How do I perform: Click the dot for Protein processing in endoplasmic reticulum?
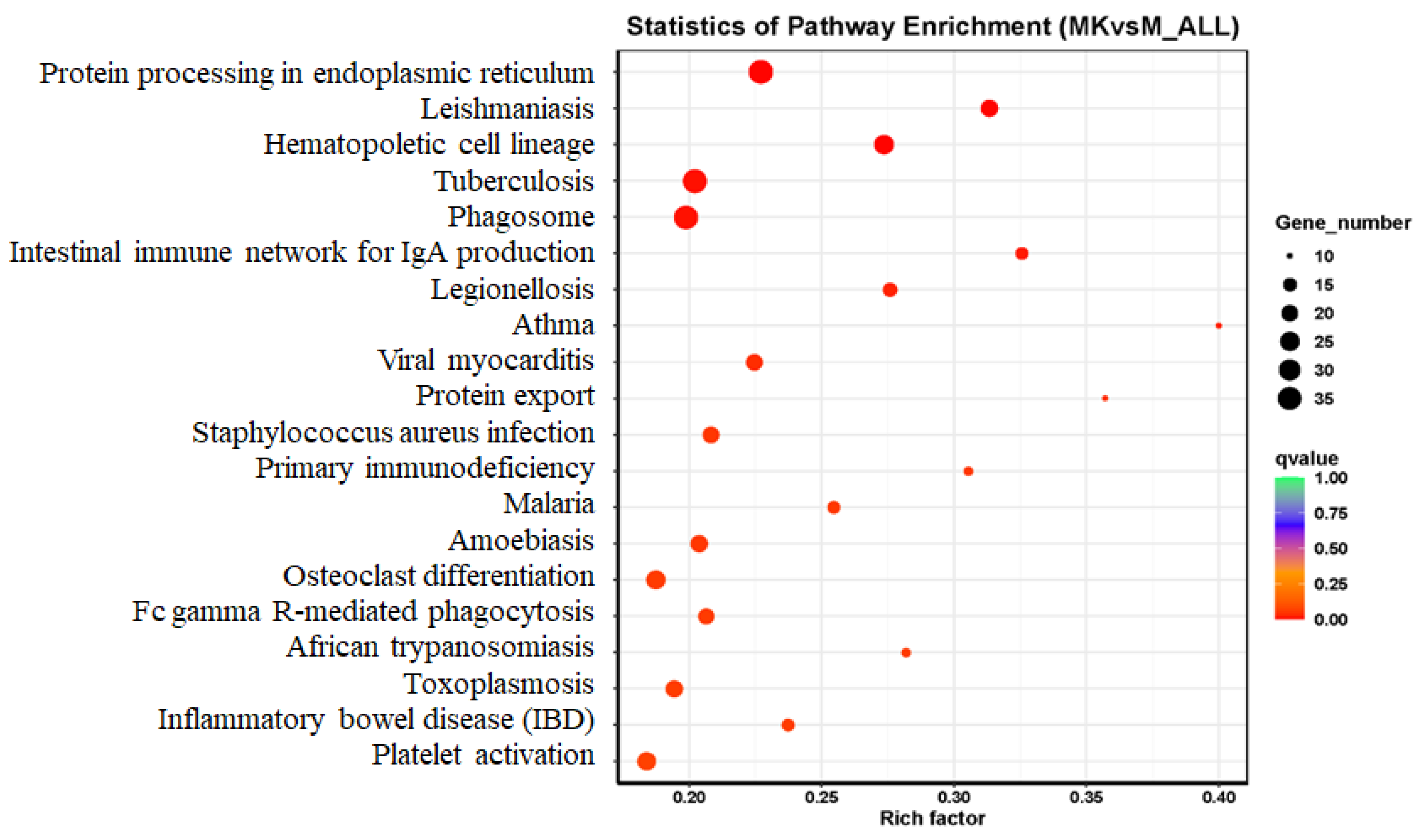pos(761,72)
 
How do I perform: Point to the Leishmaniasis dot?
pos(989,108)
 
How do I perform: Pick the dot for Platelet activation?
pos(646,761)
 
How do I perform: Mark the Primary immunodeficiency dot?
pos(968,471)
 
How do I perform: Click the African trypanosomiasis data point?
pos(906,653)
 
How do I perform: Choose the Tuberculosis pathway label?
pos(513,181)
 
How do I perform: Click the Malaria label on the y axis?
pos(548,503)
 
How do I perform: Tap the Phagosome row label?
pos(521,217)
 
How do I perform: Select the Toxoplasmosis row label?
pos(499,684)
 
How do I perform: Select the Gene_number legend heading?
pos(1343,223)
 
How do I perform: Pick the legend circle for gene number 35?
pos(1290,399)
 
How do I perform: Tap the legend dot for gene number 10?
pos(1290,256)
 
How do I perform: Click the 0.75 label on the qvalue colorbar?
pos(1331,513)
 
